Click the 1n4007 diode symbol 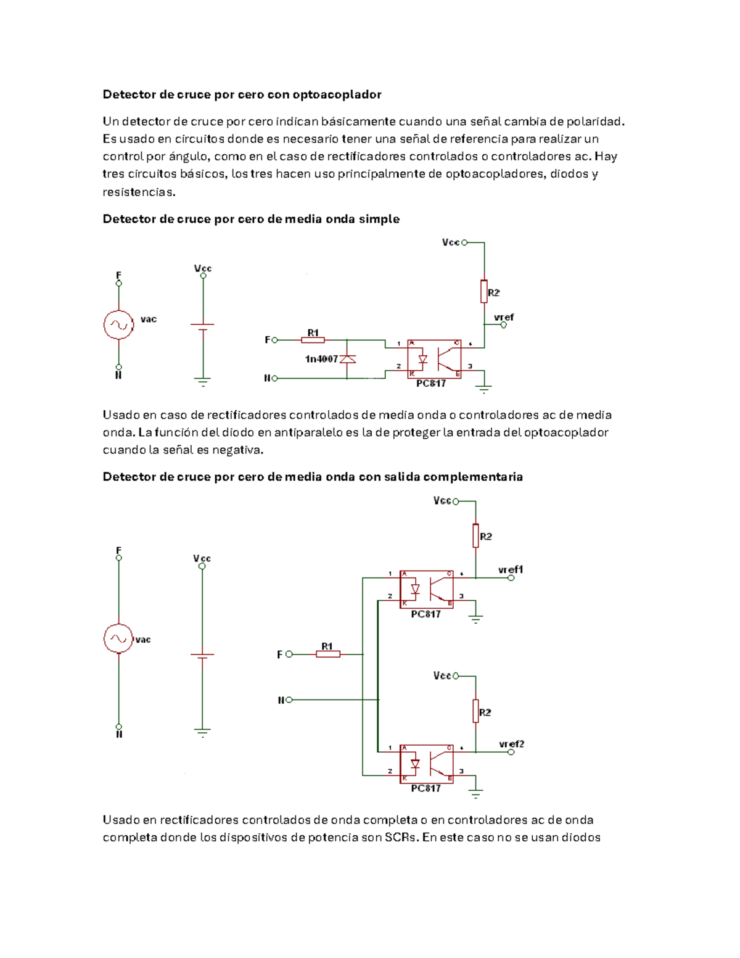[x=348, y=359]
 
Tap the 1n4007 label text [x=321, y=359]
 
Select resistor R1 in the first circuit [x=313, y=340]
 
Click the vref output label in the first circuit [x=504, y=318]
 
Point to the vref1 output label [x=511, y=569]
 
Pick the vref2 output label [x=511, y=744]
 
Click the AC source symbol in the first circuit [x=118, y=325]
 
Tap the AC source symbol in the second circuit [x=118, y=638]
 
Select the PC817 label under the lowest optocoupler [x=425, y=788]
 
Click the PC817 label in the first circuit [x=430, y=384]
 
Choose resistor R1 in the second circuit [x=328, y=654]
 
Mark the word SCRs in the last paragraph [x=402, y=838]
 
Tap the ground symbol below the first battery [x=202, y=381]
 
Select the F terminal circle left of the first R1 [x=275, y=340]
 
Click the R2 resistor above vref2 [x=475, y=711]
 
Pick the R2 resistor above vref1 [x=475, y=536]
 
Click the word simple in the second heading [x=382, y=219]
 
